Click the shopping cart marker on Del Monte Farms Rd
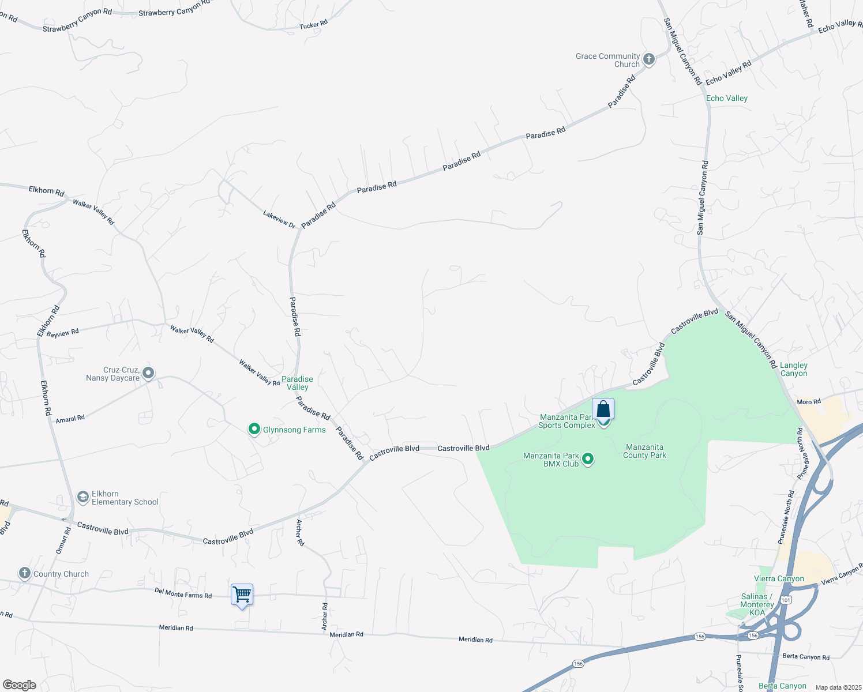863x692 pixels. pyautogui.click(x=242, y=594)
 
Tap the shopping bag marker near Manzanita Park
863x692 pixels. pyautogui.click(x=603, y=409)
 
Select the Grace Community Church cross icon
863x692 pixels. pyautogui.click(x=648, y=59)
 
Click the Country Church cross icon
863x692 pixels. pyautogui.click(x=24, y=573)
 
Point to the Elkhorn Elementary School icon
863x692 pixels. pyautogui.click(x=83, y=497)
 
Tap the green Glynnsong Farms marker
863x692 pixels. pyautogui.click(x=254, y=429)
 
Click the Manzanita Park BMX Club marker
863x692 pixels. pyautogui.click(x=588, y=459)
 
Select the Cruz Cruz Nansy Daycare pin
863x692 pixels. pyautogui.click(x=148, y=373)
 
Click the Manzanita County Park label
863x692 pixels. pyautogui.click(x=644, y=451)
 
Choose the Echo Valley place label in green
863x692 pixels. pyautogui.click(x=726, y=98)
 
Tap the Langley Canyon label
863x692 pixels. pyautogui.click(x=794, y=369)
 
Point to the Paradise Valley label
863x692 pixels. pyautogui.click(x=297, y=383)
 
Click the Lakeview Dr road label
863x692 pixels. pyautogui.click(x=279, y=219)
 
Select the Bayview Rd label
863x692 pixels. pyautogui.click(x=62, y=333)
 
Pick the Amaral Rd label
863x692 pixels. pyautogui.click(x=70, y=419)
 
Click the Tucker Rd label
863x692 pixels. pyautogui.click(x=313, y=24)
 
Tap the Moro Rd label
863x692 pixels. pyautogui.click(x=808, y=402)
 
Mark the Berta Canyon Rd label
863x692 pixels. pyautogui.click(x=806, y=657)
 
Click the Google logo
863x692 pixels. pyautogui.click(x=20, y=685)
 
